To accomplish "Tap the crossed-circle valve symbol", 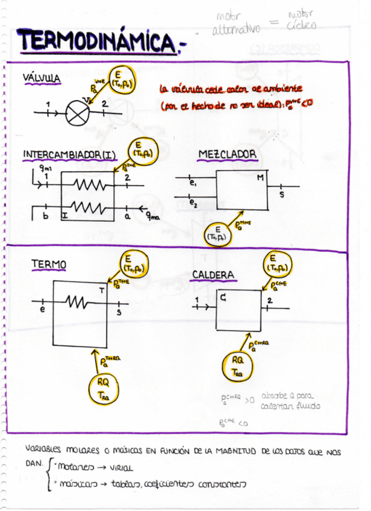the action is click(x=76, y=112).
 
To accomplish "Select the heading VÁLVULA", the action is click(x=42, y=78).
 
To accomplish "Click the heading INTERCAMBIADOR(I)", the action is click(x=69, y=155).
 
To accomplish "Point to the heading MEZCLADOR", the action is click(x=228, y=155).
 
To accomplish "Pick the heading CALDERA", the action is click(x=213, y=275).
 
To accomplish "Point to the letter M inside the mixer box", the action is click(x=260, y=178).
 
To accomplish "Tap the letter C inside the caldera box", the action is click(x=223, y=296).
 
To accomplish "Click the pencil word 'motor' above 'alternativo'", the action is click(x=228, y=17).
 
